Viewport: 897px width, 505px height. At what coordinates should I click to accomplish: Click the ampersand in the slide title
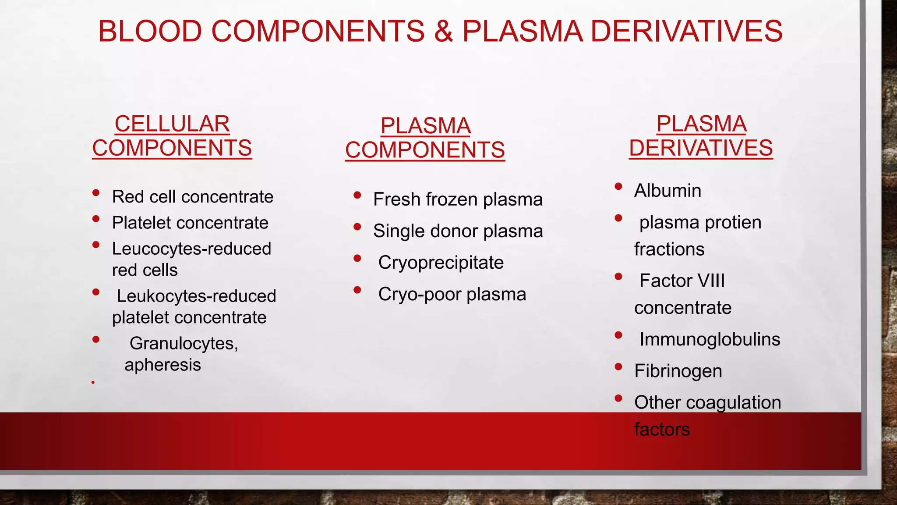(443, 32)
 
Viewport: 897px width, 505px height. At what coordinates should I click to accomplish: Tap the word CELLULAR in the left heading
(172, 124)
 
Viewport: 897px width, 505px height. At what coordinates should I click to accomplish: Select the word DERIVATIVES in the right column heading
(701, 148)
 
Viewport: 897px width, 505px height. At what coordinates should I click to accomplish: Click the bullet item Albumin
(667, 191)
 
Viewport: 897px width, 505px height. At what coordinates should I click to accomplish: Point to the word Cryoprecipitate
(441, 263)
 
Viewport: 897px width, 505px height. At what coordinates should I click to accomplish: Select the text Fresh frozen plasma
(458, 199)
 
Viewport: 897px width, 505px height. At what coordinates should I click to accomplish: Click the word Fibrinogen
(678, 371)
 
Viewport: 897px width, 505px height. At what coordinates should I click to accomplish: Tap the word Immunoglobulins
(710, 339)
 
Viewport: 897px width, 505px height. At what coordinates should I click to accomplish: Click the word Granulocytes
(184, 343)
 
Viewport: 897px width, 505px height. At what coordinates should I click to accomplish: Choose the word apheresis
(162, 365)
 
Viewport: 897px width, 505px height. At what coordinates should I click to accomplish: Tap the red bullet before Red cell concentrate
(96, 193)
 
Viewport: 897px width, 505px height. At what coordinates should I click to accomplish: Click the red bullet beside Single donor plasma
(357, 227)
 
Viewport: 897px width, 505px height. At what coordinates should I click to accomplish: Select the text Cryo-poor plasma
(452, 294)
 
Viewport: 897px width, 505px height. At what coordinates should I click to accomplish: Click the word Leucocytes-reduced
(191, 249)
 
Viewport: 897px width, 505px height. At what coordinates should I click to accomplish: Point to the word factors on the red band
(662, 429)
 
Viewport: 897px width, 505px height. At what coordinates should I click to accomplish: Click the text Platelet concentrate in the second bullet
(190, 223)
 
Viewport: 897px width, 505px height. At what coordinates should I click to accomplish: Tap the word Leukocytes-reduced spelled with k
(196, 296)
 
